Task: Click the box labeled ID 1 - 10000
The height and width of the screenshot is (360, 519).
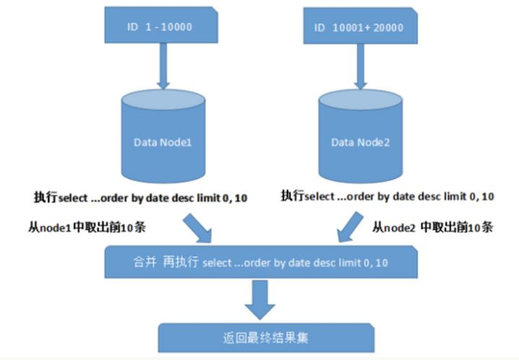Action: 161,25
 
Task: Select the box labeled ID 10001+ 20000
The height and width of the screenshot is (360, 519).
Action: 360,26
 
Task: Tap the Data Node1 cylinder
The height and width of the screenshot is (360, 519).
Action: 163,136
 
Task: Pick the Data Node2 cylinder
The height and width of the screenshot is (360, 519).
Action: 360,136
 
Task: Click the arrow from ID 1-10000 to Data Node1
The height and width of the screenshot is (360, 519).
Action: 163,66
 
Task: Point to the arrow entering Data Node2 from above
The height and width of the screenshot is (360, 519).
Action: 360,66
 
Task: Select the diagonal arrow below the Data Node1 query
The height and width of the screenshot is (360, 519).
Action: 198,228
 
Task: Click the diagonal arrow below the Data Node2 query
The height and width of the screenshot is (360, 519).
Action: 350,227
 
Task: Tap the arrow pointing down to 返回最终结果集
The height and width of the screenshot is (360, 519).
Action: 259,299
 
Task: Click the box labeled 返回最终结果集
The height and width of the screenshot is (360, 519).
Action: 266,338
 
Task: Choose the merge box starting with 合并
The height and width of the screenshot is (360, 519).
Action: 261,262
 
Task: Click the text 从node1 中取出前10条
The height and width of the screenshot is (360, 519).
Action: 87,227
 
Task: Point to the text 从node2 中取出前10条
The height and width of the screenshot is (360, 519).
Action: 432,227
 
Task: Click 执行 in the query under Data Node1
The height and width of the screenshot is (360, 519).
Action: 45,197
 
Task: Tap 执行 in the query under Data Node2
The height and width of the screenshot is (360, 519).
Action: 292,196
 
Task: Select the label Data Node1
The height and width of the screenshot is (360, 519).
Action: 163,142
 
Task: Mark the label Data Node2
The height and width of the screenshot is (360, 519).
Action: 360,142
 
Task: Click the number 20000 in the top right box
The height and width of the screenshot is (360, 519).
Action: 389,27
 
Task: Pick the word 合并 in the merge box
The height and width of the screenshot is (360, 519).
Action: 145,263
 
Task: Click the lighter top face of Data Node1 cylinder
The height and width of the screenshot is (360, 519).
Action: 163,100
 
